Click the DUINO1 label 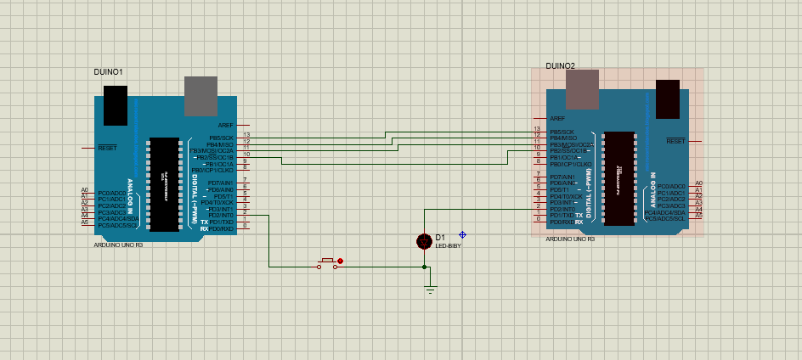point(108,72)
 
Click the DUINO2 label point(560,65)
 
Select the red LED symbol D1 point(424,242)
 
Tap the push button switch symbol point(327,264)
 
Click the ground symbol point(430,290)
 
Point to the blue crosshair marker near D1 point(462,234)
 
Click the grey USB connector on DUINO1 point(201,96)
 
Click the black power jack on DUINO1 point(116,104)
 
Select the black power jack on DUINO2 point(667,98)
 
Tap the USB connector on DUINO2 point(582,89)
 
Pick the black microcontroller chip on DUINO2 point(619,178)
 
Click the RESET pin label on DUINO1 point(108,148)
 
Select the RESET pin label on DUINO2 point(675,141)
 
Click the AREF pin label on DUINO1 point(225,125)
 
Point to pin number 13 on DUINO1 point(246,134)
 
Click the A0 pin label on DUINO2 point(698,183)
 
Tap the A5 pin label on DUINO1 point(84,222)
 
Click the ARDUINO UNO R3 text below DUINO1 point(118,245)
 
